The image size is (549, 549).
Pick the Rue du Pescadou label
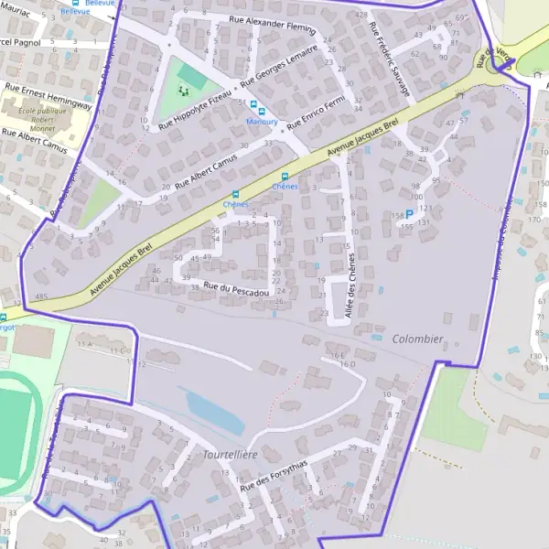click(237, 289)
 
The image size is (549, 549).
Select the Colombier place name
click(417, 339)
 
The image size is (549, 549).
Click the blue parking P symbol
click(409, 214)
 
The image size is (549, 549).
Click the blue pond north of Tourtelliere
click(215, 412)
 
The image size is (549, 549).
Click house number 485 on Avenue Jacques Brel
click(40, 297)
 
